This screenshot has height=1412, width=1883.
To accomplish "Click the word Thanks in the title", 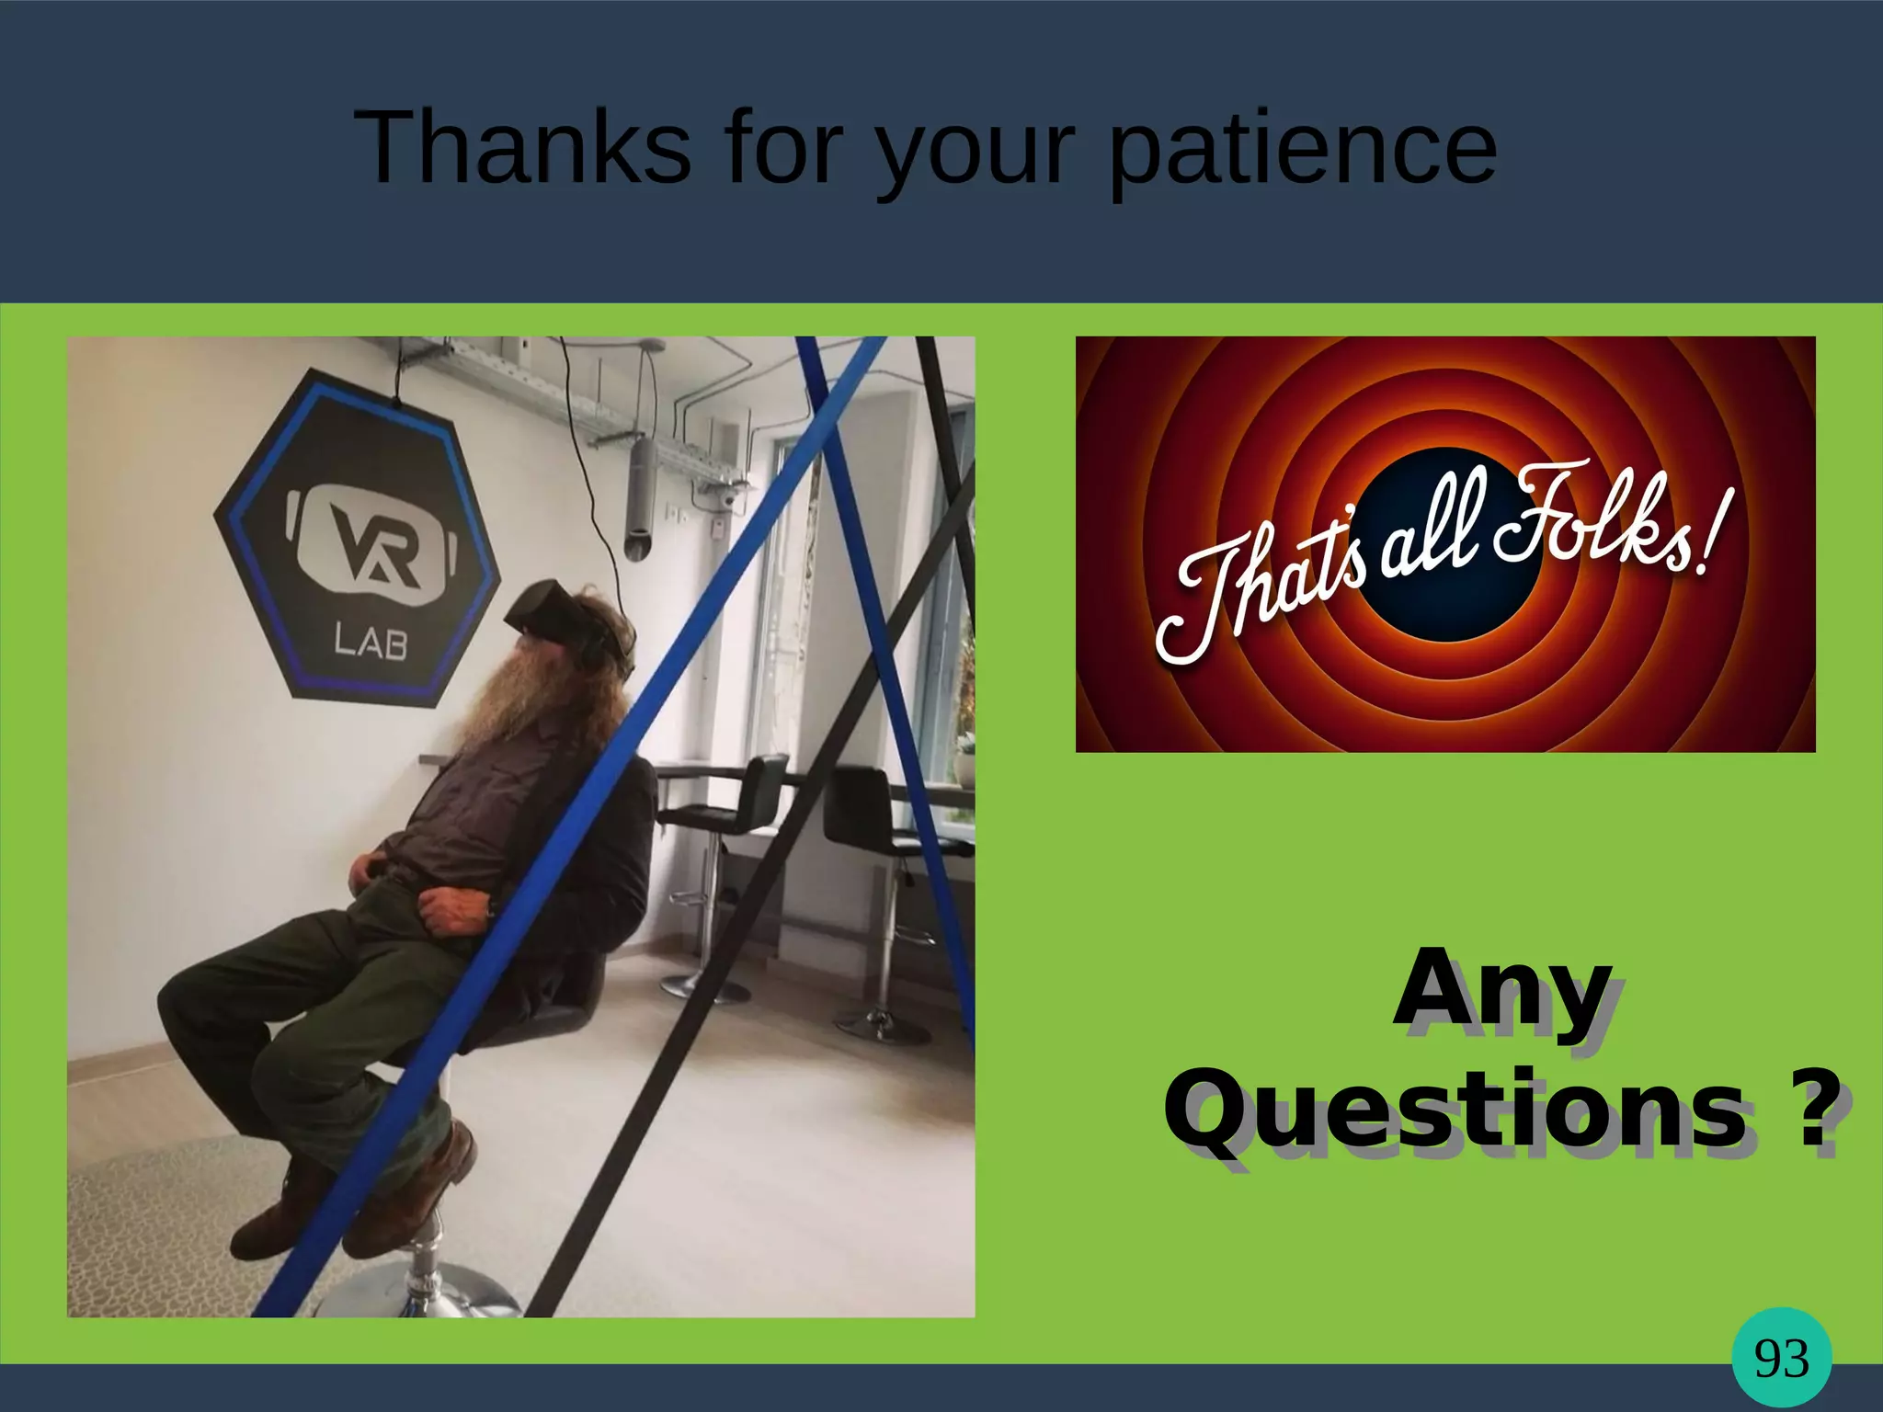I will (x=521, y=147).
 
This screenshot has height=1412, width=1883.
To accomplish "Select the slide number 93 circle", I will (x=1781, y=1358).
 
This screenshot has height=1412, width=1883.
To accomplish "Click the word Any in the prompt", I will (x=1503, y=999).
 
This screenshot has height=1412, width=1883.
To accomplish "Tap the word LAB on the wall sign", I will (x=371, y=641).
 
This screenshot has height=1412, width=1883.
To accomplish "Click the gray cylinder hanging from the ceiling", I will (x=640, y=496).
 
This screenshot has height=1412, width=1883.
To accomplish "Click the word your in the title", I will (x=975, y=152).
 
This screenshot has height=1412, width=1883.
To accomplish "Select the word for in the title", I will (x=782, y=147).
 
